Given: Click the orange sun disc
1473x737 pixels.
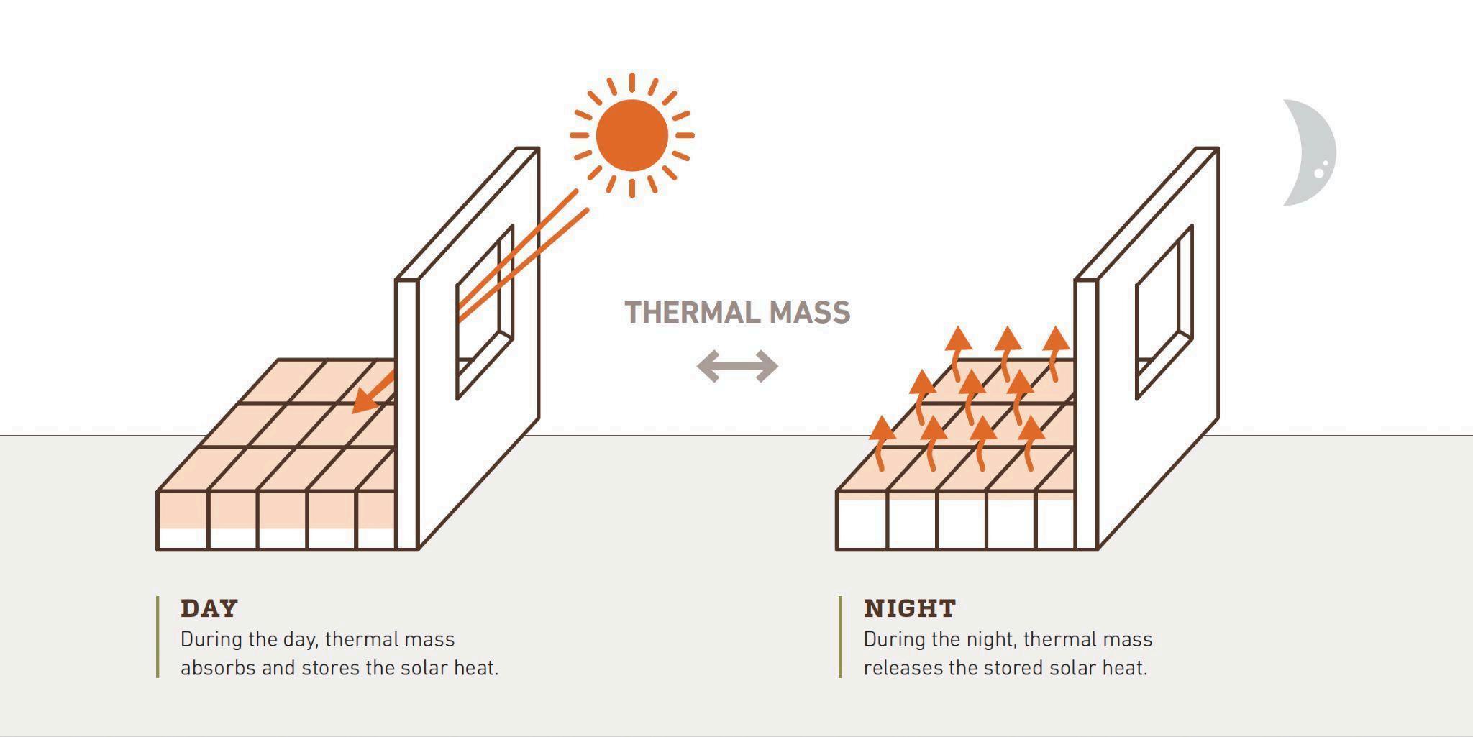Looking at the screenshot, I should click(631, 135).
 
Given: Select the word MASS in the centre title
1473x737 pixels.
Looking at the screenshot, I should click(809, 313).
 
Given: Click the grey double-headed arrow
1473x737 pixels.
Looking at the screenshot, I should click(737, 366).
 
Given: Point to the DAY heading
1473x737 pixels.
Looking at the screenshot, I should click(209, 608).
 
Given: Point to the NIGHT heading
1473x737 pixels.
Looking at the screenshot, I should click(909, 608).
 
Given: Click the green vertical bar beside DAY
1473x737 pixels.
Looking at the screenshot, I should click(158, 636).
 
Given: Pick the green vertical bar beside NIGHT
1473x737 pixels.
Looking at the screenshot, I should click(839, 636).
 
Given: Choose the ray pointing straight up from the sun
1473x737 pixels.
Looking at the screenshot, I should click(631, 83).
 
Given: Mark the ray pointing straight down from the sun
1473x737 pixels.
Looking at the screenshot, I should click(631, 188).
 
